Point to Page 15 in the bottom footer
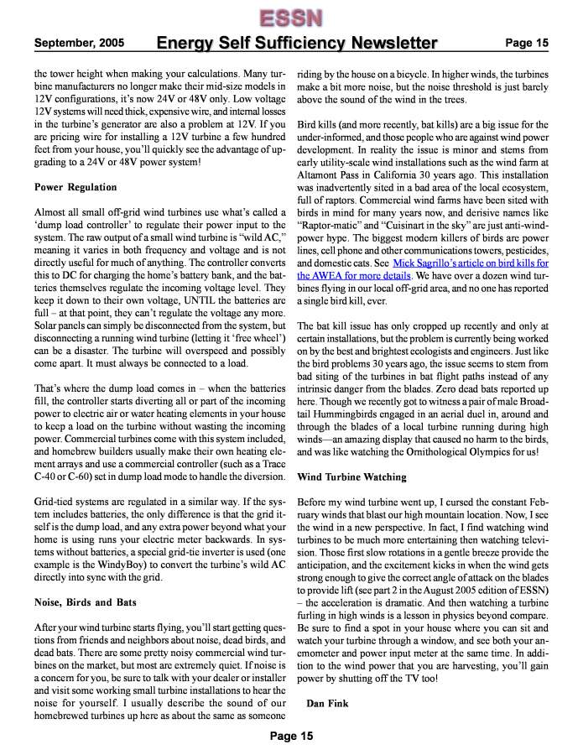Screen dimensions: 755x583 (x=291, y=736)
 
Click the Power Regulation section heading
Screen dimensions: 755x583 (x=75, y=187)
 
